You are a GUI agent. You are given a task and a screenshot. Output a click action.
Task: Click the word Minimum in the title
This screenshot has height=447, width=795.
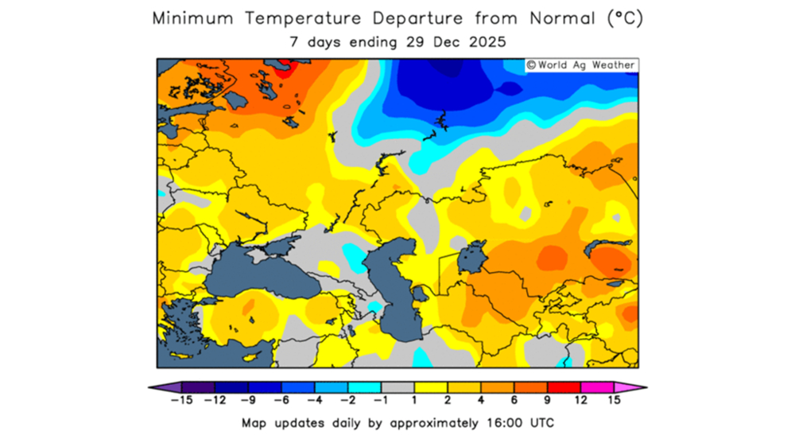pyautogui.click(x=193, y=18)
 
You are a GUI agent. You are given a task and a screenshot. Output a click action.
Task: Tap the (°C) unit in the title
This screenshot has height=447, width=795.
pyautogui.click(x=625, y=18)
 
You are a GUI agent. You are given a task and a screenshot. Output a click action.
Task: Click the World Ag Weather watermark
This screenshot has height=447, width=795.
pyautogui.click(x=580, y=65)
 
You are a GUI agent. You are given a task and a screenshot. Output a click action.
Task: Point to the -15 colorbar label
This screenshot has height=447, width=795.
pyautogui.click(x=182, y=401)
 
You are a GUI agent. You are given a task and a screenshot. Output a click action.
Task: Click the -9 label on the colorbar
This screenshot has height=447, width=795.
pyautogui.click(x=249, y=401)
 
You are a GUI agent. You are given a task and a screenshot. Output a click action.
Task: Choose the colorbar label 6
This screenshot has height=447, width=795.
pyautogui.click(x=515, y=401)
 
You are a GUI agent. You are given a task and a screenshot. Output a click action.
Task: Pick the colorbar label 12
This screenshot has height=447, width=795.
pyautogui.click(x=582, y=401)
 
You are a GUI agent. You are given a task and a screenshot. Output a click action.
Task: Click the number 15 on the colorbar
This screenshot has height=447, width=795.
pyautogui.click(x=614, y=401)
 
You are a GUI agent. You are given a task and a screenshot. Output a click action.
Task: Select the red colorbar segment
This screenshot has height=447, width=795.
pyautogui.click(x=565, y=387)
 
